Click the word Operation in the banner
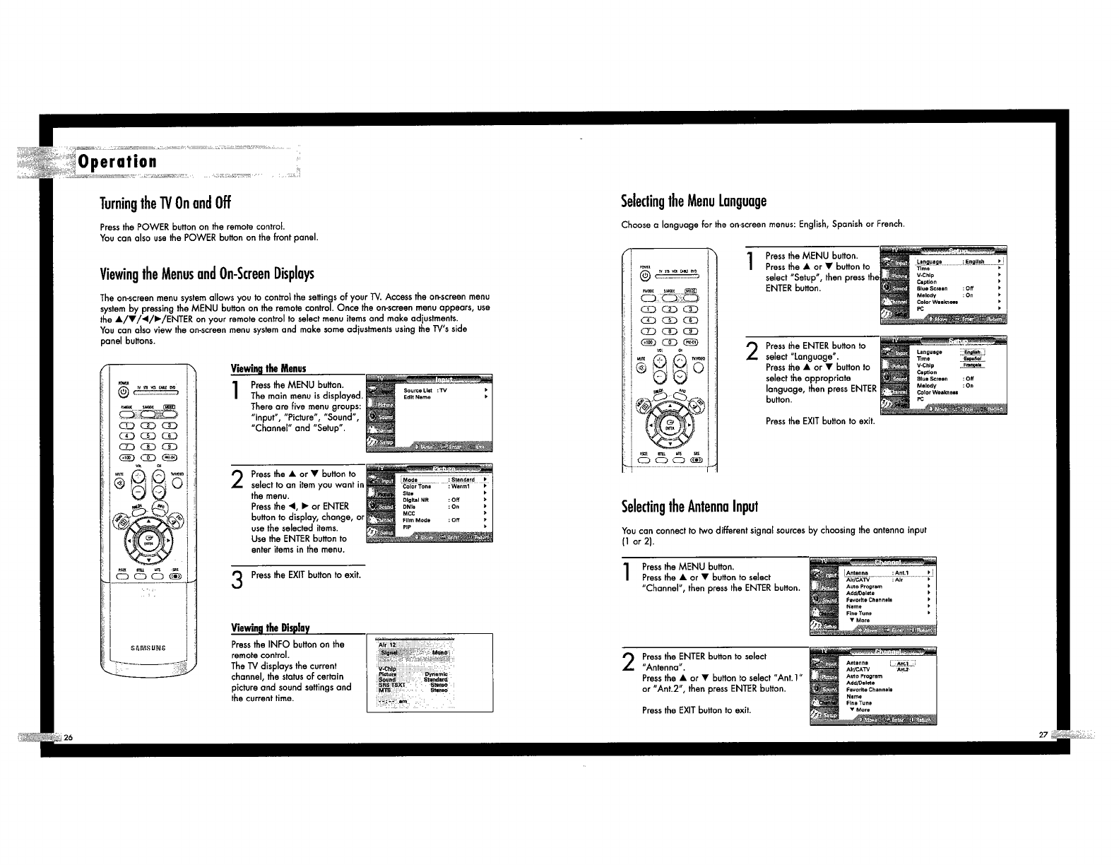click(117, 162)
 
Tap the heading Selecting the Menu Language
click(694, 201)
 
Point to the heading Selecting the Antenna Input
click(689, 507)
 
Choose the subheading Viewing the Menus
click(268, 368)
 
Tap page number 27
click(1043, 735)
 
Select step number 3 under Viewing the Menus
click(237, 580)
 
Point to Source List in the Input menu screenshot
click(418, 390)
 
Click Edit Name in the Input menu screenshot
click(417, 397)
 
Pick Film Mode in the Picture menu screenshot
click(416, 520)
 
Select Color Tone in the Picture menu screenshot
click(416, 486)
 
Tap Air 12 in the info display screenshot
click(388, 645)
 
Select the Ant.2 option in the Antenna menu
click(902, 669)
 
